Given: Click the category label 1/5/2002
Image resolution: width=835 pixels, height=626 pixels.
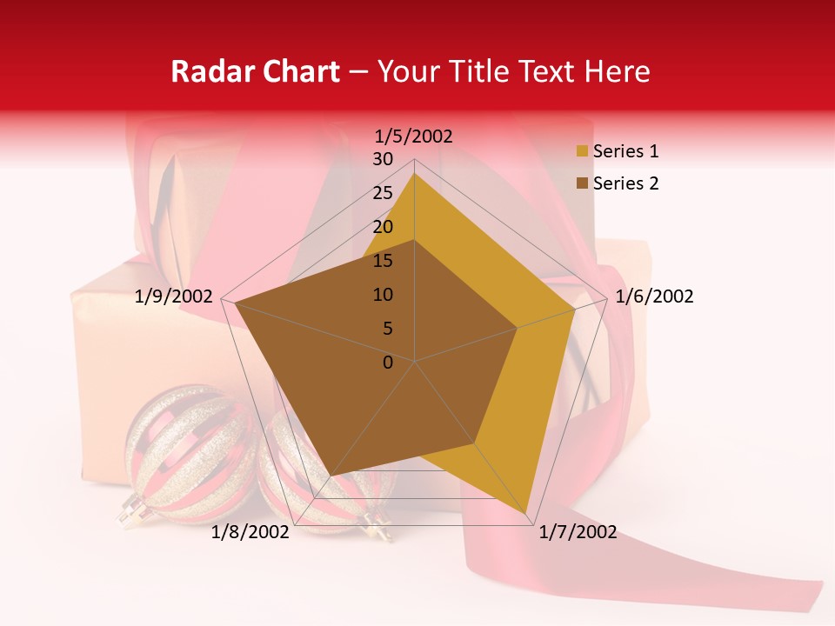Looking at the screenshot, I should pos(414,136).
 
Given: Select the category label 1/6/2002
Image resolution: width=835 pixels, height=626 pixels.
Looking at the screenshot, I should pos(654,296).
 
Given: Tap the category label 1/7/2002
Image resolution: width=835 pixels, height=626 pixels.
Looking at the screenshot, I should pos(578,532).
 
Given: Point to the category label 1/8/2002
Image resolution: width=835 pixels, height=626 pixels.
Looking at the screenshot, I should pos(250,532).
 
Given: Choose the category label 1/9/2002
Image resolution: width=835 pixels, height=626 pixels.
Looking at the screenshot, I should pos(174,296).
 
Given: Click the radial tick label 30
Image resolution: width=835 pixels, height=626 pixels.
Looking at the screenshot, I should pos(383,159).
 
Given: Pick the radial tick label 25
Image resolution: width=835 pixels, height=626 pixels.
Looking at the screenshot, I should pos(383,193).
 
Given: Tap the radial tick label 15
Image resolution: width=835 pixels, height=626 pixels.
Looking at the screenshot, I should pos(383,261).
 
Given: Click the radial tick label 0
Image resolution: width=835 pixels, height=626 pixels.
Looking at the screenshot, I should pos(388,363).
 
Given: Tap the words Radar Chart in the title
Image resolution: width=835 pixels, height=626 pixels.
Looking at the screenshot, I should pos(255,71).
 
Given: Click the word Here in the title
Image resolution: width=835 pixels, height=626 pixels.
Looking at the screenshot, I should pos(617,71).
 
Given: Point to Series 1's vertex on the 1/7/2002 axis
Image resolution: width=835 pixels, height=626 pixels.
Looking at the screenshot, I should pos(526,513).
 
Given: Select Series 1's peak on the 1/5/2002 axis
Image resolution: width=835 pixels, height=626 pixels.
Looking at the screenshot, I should pos(415,173).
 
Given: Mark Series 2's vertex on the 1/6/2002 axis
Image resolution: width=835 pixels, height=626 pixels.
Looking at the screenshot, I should pos(518,328).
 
